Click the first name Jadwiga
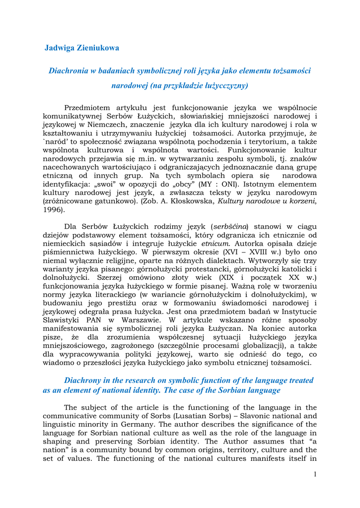click(x=60, y=48)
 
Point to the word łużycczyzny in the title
click(x=221, y=86)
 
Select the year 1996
click(x=53, y=210)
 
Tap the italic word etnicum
click(x=216, y=245)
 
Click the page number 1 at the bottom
click(x=315, y=475)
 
